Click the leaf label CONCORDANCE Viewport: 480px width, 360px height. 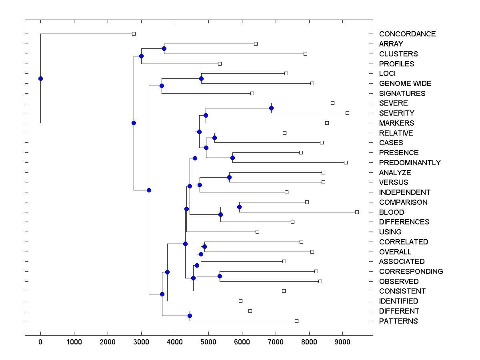click(x=407, y=34)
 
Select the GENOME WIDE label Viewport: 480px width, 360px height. click(x=405, y=84)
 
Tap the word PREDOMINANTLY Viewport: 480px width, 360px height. click(x=410, y=163)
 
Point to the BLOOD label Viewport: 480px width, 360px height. click(x=392, y=212)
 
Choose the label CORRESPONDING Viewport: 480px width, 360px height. click(x=411, y=272)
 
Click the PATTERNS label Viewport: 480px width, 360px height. click(x=398, y=321)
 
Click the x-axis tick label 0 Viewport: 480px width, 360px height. click(x=40, y=342)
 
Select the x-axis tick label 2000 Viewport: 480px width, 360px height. click(x=108, y=342)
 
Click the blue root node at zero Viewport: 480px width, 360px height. click(x=40, y=78)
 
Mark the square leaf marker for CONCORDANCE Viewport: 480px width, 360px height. click(x=134, y=34)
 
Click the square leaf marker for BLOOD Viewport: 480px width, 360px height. click(x=357, y=212)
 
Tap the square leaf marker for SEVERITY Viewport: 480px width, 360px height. click(x=347, y=113)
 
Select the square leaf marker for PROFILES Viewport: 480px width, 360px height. click(x=220, y=64)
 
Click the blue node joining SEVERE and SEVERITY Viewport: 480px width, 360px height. click(x=271, y=108)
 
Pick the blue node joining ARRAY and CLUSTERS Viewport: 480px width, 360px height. click(x=164, y=49)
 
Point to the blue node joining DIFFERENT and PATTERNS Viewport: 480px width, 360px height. click(x=190, y=316)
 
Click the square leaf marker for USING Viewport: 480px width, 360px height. click(x=257, y=232)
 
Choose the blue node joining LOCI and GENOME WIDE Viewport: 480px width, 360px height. click(x=202, y=78)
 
